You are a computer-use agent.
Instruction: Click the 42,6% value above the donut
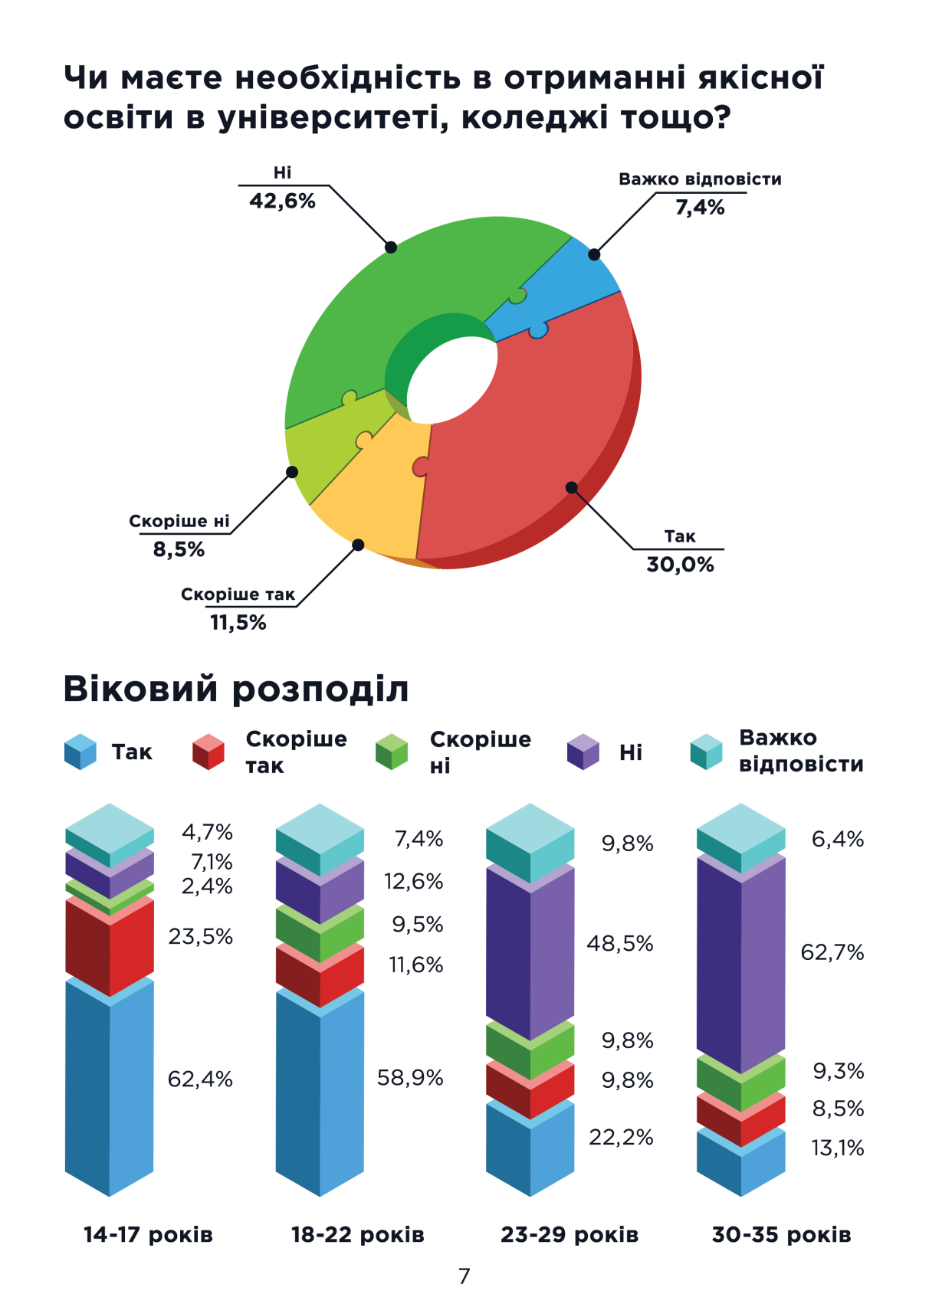pos(282,201)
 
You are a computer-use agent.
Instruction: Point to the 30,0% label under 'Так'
pos(680,565)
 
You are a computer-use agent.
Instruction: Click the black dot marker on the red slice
pos(571,487)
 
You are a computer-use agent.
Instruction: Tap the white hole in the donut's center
pos(452,379)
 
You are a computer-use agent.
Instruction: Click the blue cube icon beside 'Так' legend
pos(80,752)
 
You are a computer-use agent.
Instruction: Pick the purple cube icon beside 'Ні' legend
pos(583,752)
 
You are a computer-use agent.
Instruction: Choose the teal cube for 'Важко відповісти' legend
pos(706,752)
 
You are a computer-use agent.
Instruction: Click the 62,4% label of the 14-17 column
pos(200,1079)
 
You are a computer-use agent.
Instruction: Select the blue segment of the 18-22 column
pos(320,1096)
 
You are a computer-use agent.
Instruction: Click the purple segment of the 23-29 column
pos(530,954)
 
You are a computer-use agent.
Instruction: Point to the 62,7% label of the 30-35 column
pos(832,952)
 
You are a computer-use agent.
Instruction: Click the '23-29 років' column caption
pos(570,1234)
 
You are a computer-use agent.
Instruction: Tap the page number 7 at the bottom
pos(464,1276)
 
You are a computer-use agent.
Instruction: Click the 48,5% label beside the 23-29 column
pos(620,943)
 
